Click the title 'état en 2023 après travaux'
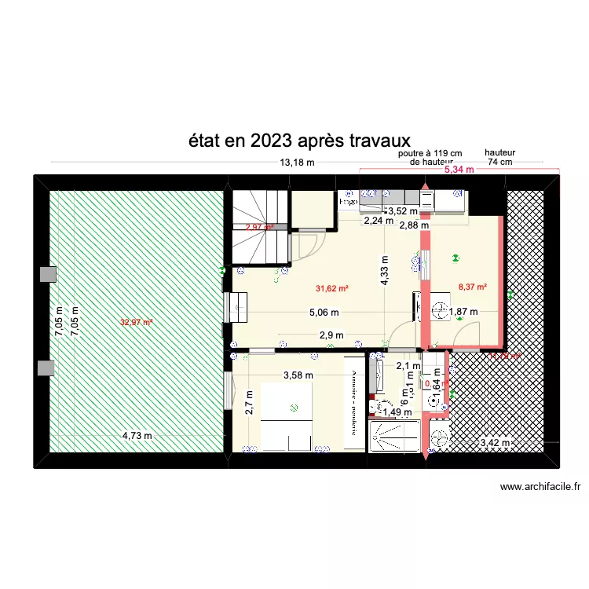(x=299, y=141)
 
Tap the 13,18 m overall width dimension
(x=297, y=163)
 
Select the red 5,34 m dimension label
(x=459, y=169)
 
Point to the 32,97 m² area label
(x=136, y=322)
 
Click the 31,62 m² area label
(x=332, y=289)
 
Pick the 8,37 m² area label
(x=472, y=287)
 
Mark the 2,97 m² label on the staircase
(x=258, y=228)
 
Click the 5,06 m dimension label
(x=323, y=312)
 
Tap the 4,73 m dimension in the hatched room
(x=137, y=437)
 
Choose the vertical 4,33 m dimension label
(x=385, y=271)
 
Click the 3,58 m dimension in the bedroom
(x=298, y=375)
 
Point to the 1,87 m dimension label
(x=463, y=312)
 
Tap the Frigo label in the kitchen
(x=348, y=202)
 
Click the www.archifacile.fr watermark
(x=543, y=487)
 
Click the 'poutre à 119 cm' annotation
(x=430, y=154)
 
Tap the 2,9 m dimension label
(x=331, y=335)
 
